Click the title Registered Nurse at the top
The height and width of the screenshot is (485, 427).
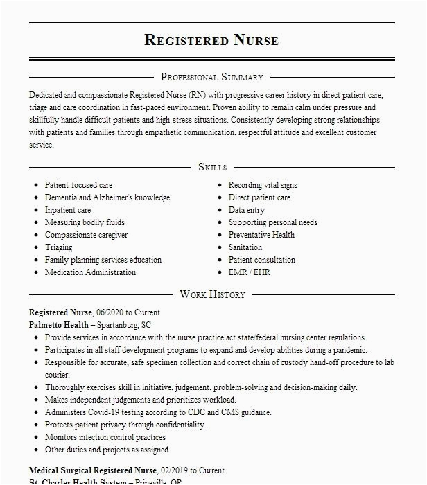coord(211,40)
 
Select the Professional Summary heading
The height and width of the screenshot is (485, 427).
coord(211,77)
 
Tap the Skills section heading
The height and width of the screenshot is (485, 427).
coord(212,167)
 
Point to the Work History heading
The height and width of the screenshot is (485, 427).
coord(212,294)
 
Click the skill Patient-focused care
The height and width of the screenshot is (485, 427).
coord(78,185)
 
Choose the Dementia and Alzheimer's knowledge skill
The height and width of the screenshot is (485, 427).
coord(107,197)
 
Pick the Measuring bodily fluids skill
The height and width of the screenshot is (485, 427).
coord(85,222)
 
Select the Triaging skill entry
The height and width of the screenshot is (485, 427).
coord(58,247)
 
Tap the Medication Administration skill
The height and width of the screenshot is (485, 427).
coord(90,272)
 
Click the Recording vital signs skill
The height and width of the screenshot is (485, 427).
coord(263,185)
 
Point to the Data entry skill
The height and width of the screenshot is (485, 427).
coord(247,210)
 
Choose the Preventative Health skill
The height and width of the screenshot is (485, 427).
coord(261,235)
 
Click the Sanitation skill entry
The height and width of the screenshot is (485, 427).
coord(245,247)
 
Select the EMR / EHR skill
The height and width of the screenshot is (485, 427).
coord(249,272)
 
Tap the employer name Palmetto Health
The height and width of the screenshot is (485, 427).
coord(59,324)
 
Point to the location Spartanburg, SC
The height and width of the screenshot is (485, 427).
coord(123,324)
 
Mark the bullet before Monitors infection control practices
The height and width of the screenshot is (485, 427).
coord(35,438)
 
